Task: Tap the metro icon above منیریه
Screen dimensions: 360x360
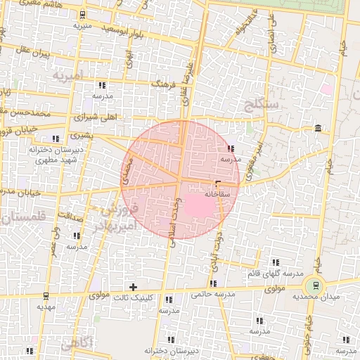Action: (x=84, y=15)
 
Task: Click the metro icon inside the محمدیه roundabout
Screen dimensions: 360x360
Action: (x=314, y=286)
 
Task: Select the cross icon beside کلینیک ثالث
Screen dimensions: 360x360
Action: (x=133, y=287)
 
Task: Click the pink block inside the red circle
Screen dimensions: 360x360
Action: (x=199, y=206)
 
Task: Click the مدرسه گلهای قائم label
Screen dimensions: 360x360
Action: (x=276, y=273)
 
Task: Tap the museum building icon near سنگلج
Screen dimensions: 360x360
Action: (x=319, y=128)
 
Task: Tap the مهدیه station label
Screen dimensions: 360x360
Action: (x=46, y=307)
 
